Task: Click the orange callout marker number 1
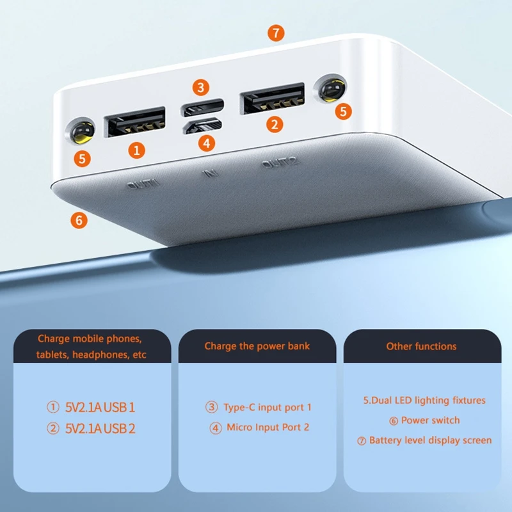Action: [x=136, y=150]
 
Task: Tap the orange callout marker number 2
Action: [x=275, y=124]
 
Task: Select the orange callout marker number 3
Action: [x=202, y=87]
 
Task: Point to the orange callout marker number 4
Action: [x=205, y=143]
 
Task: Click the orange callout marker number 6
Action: [x=79, y=220]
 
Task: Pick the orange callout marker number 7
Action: [x=276, y=33]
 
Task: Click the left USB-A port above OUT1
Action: [x=135, y=122]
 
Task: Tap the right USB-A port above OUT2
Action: [x=271, y=99]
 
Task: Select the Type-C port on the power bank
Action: [x=203, y=105]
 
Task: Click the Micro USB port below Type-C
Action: [x=203, y=126]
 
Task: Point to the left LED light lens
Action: [x=81, y=132]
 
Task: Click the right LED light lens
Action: [x=332, y=90]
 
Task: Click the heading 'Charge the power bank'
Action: [x=257, y=346]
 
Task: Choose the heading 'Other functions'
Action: [x=421, y=346]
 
